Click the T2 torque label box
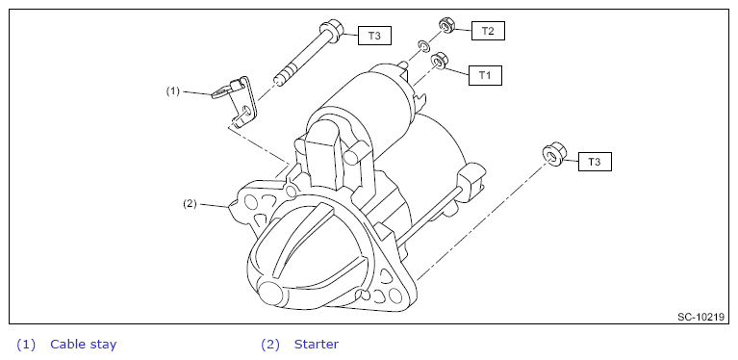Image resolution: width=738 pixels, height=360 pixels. click(488, 31)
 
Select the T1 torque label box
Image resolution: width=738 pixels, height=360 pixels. click(485, 75)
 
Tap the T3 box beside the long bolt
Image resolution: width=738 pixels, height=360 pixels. click(374, 36)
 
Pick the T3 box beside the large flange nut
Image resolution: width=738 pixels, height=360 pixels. click(595, 162)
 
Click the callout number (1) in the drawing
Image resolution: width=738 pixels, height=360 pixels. click(173, 91)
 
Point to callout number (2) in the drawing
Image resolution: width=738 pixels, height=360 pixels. click(190, 204)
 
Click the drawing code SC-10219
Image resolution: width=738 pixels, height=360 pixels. click(700, 317)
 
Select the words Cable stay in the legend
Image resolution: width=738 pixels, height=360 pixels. click(84, 344)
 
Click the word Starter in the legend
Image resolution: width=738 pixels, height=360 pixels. click(317, 344)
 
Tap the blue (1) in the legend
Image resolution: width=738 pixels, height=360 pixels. click(26, 345)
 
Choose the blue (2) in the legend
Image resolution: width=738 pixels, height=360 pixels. click(270, 345)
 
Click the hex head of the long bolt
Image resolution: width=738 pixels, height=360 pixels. click(332, 29)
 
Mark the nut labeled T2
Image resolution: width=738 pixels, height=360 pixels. click(446, 25)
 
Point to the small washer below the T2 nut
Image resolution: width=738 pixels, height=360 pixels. click(424, 46)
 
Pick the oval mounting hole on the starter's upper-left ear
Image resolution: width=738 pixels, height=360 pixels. click(251, 203)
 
